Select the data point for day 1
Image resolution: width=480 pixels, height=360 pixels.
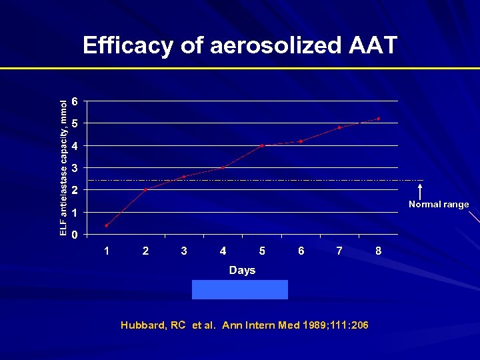click(107, 225)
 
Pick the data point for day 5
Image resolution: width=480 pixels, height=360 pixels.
click(262, 145)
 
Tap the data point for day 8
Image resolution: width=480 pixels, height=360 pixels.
click(378, 119)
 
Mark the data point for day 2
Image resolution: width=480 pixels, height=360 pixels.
click(145, 190)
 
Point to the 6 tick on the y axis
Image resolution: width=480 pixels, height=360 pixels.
click(75, 101)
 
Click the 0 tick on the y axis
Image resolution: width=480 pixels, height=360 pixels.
click(75, 235)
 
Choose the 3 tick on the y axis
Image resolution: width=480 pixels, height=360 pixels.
click(75, 167)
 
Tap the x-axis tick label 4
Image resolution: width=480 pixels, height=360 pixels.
click(223, 251)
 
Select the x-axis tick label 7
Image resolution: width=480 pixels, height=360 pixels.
click(339, 251)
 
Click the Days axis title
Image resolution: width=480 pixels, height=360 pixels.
click(242, 270)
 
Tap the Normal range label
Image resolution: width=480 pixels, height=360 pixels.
click(438, 205)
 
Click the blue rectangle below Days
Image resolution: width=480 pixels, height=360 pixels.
click(240, 290)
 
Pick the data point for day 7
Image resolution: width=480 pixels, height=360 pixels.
click(339, 127)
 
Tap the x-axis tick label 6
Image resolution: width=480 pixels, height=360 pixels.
click(301, 251)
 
